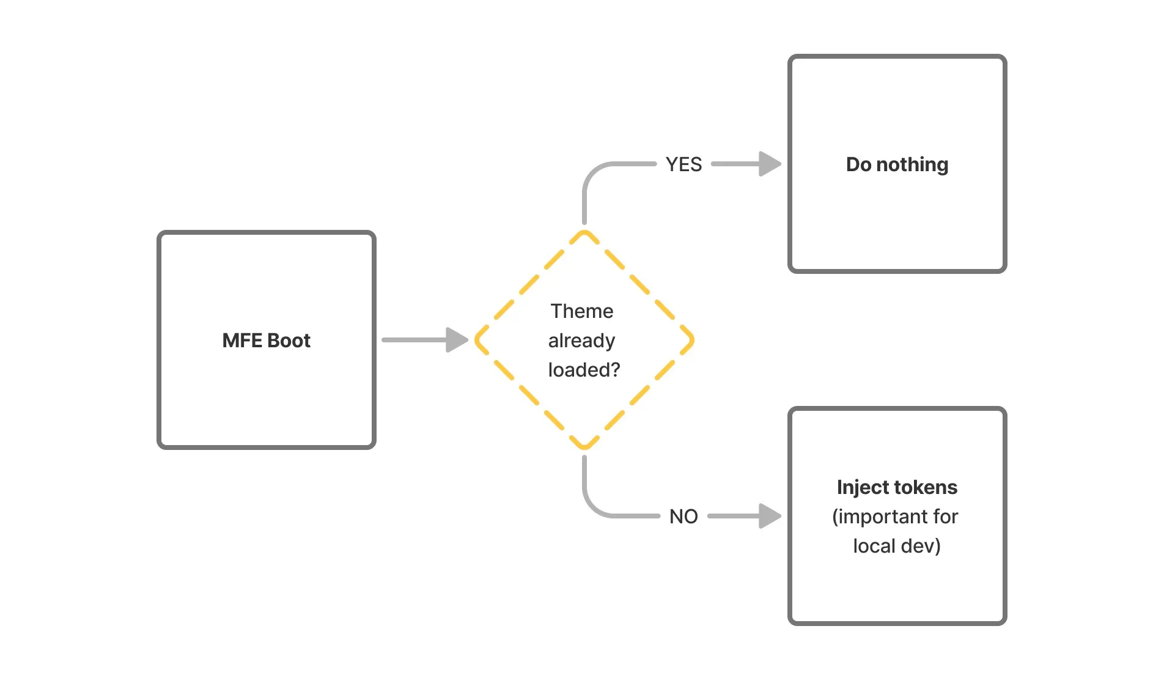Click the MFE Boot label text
pyautogui.click(x=266, y=341)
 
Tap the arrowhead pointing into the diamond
pyautogui.click(x=457, y=340)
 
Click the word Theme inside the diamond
pyautogui.click(x=581, y=311)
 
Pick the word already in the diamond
pyautogui.click(x=581, y=341)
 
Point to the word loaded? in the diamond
pyautogui.click(x=584, y=370)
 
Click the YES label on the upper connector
pyautogui.click(x=683, y=164)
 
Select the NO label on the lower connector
pyautogui.click(x=683, y=517)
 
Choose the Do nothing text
pyautogui.click(x=897, y=164)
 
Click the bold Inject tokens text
pyautogui.click(x=897, y=487)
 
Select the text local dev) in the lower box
pyautogui.click(x=897, y=546)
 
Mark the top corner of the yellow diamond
pyautogui.click(x=584, y=232)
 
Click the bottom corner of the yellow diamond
pyautogui.click(x=584, y=448)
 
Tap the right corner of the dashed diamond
pyautogui.click(x=692, y=340)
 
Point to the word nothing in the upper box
pyautogui.click(x=912, y=164)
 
